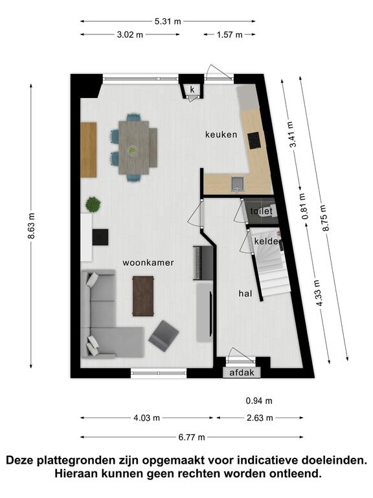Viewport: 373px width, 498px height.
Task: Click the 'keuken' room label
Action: click(x=221, y=135)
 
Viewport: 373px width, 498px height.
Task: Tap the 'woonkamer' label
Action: click(x=148, y=263)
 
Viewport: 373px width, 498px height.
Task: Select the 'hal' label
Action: click(x=245, y=294)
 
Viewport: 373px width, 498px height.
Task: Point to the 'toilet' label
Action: click(x=262, y=211)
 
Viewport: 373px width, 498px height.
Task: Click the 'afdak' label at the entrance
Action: click(x=242, y=373)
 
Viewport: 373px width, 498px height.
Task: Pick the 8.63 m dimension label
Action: click(x=31, y=226)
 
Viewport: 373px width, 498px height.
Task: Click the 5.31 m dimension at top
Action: click(x=168, y=21)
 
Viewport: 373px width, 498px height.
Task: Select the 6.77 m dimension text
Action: click(x=192, y=437)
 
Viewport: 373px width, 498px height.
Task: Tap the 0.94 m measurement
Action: click(x=259, y=401)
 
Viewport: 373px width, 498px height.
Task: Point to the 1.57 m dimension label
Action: click(x=230, y=34)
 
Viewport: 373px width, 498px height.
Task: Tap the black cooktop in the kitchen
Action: click(x=254, y=140)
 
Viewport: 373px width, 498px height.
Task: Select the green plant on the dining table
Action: click(x=132, y=150)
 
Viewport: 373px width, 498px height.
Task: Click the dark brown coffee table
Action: click(x=143, y=296)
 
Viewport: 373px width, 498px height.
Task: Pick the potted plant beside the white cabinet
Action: click(x=93, y=204)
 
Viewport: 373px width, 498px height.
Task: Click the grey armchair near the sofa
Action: click(x=164, y=336)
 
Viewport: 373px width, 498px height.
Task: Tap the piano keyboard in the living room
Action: click(x=196, y=263)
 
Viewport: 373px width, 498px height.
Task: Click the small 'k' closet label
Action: click(x=192, y=89)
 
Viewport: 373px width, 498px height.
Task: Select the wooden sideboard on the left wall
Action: click(x=89, y=150)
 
